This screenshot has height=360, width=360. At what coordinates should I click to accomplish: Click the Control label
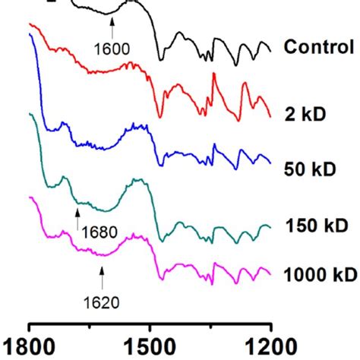point(318,47)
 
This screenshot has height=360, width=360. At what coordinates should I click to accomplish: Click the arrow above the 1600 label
point(112,28)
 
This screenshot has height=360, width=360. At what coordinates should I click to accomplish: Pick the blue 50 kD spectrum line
point(114,145)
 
